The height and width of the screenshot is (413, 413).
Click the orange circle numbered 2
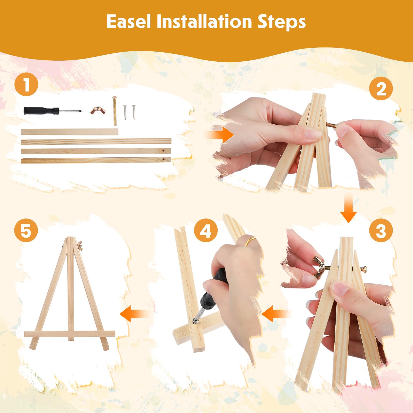pyautogui.click(x=381, y=89)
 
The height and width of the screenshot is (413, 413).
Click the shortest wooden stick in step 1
pyautogui.click(x=69, y=132)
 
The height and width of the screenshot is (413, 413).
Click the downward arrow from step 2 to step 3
pyautogui.click(x=349, y=208)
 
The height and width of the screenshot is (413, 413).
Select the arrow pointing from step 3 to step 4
pyautogui.click(x=276, y=314)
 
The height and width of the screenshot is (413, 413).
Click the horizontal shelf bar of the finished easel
pyautogui.click(x=70, y=334)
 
